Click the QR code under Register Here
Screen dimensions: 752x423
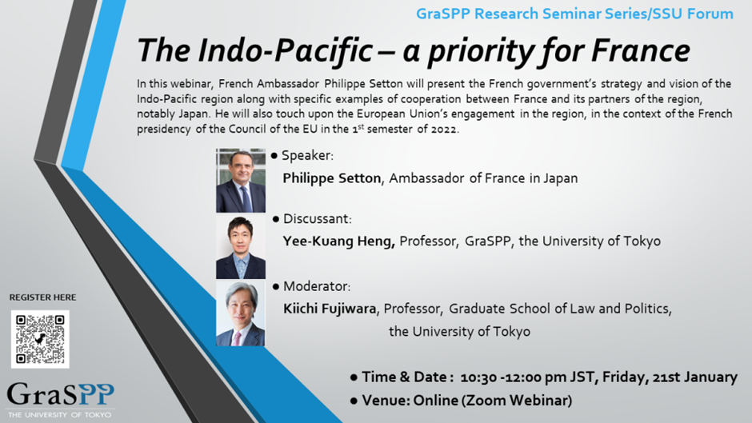40,339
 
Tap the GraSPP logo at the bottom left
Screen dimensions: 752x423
61,400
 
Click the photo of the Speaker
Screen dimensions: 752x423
241,181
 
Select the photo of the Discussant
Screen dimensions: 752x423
241,246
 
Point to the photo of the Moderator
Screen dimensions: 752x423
241,313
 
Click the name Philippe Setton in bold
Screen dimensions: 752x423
332,178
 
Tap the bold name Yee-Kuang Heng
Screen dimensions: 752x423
338,241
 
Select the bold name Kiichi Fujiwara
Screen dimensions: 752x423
330,309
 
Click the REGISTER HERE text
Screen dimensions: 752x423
42,297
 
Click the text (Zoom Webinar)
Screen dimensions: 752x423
517,401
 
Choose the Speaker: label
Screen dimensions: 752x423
307,156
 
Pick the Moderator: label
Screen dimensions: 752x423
317,286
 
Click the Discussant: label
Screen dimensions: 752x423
318,219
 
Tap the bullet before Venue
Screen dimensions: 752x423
354,401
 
